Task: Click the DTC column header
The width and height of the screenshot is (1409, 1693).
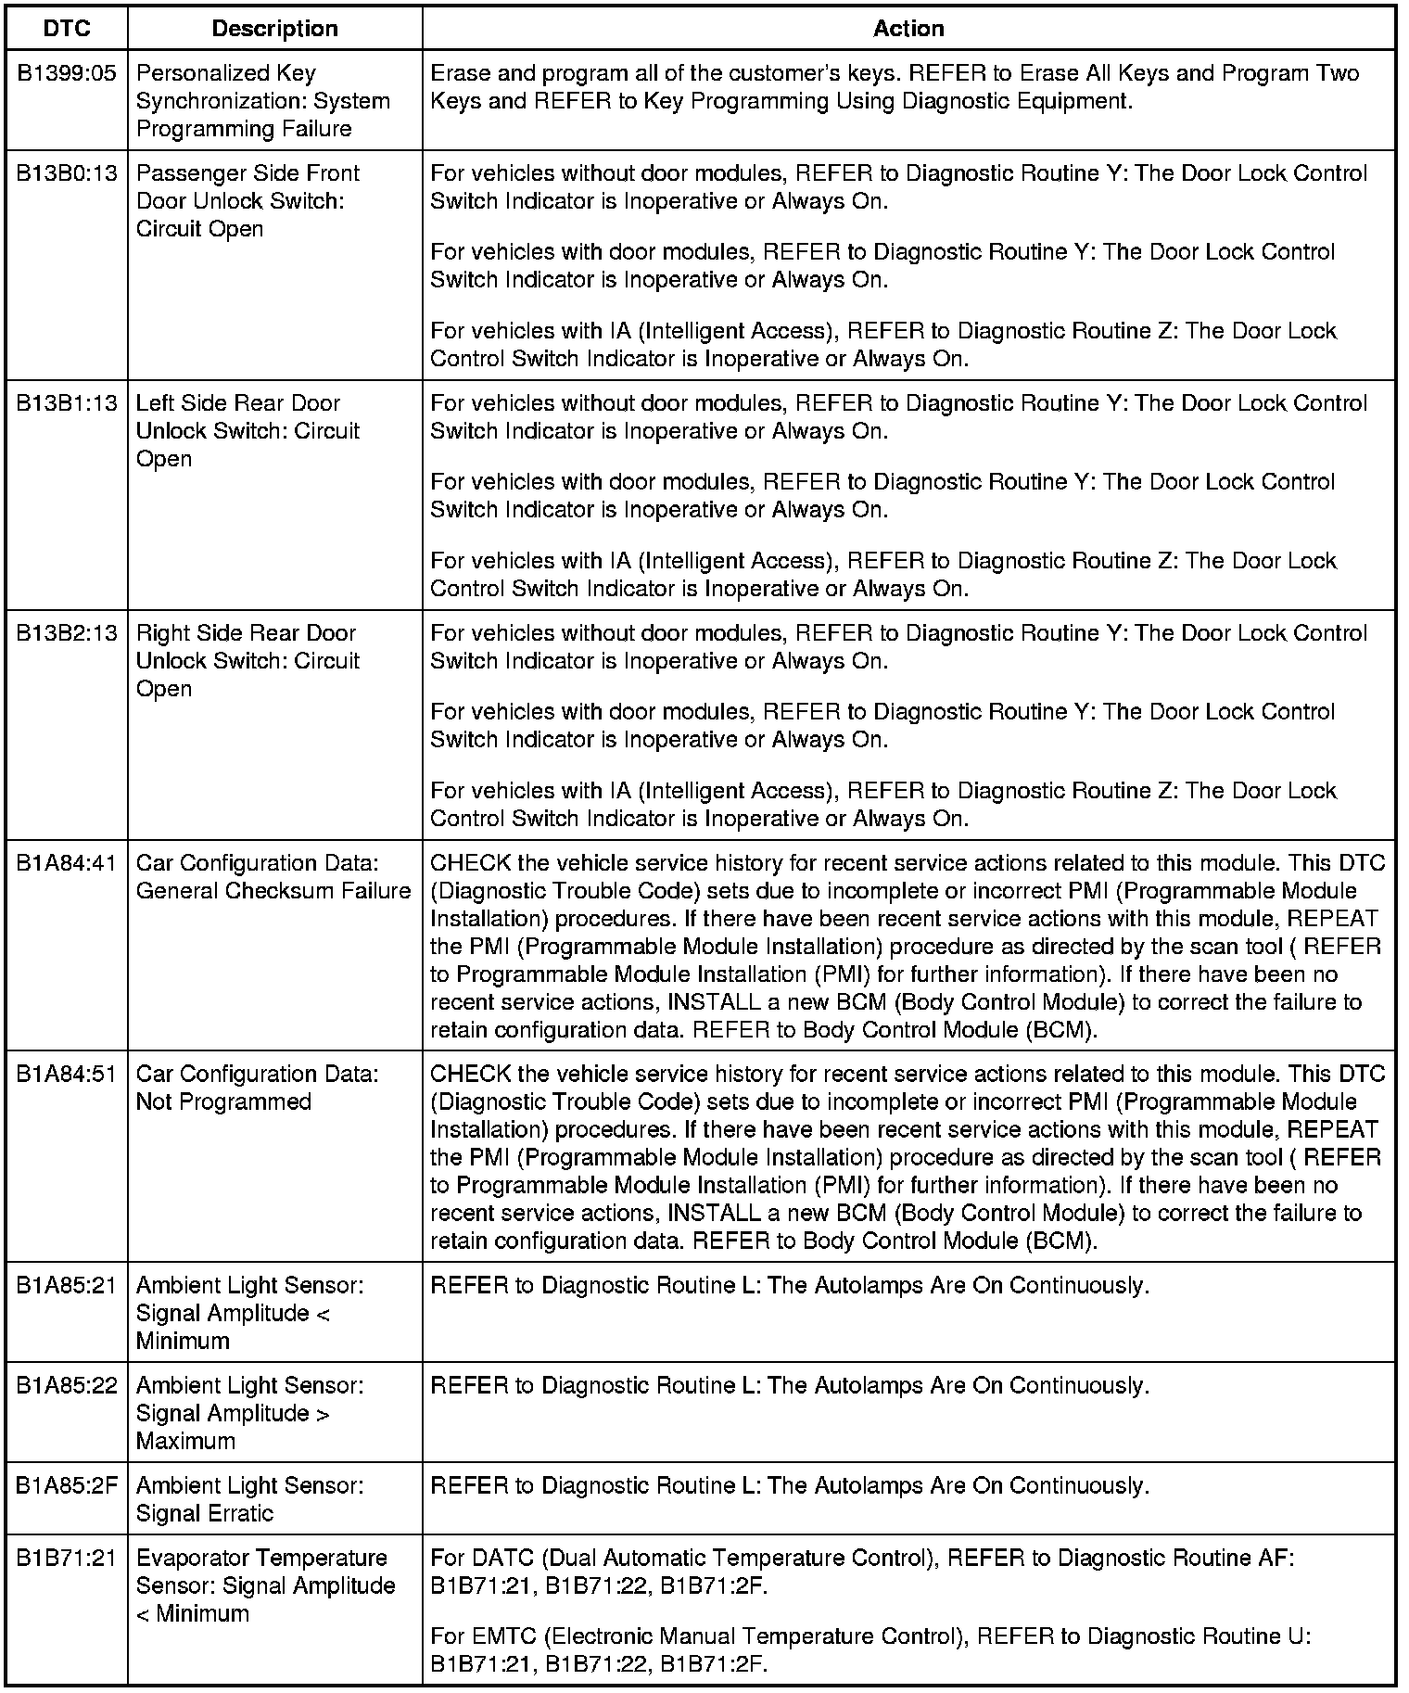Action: pos(67,29)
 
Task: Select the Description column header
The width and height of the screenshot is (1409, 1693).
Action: pos(274,29)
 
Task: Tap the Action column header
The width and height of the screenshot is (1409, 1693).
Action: pos(908,29)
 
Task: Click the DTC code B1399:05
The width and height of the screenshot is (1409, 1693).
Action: pos(67,73)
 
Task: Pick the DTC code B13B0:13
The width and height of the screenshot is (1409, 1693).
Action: pos(67,173)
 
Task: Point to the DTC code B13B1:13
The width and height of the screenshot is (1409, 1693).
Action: pos(67,403)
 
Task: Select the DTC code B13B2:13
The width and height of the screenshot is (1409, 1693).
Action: pos(67,633)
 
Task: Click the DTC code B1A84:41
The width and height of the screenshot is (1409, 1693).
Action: pos(67,863)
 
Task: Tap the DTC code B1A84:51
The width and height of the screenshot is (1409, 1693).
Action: pos(67,1074)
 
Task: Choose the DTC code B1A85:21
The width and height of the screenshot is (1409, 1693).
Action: pos(67,1285)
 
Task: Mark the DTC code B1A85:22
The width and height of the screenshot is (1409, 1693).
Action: pos(67,1385)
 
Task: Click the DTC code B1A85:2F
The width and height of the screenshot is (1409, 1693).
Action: pos(67,1485)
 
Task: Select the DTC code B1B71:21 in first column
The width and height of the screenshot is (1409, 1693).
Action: pos(67,1558)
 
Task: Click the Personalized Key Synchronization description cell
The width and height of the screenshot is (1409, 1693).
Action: pos(262,101)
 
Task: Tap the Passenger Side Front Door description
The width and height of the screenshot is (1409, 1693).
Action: pos(248,201)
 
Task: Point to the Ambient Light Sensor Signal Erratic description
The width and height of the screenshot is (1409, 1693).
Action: pos(249,1499)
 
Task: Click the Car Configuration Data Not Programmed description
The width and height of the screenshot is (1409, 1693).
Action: pos(257,1088)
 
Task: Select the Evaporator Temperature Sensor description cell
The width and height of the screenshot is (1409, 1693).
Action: pos(265,1585)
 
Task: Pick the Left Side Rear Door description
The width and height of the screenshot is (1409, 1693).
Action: pos(248,431)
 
